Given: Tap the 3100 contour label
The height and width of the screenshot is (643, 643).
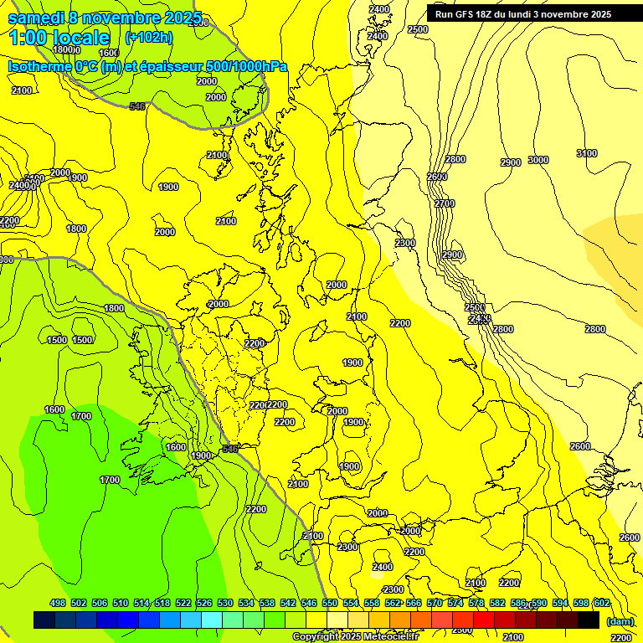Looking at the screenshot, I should tap(587, 153).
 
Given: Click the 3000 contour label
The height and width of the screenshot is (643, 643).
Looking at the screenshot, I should tap(538, 160).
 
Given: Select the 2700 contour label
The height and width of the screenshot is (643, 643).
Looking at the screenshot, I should tap(445, 203).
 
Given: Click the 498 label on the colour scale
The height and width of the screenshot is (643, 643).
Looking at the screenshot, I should tap(58, 603).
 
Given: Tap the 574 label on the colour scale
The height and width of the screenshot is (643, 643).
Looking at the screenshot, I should tap(455, 603).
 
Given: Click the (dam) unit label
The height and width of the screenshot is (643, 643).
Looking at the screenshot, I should tap(620, 620).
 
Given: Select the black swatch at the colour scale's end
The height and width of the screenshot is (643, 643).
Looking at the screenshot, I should tap(589, 620).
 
